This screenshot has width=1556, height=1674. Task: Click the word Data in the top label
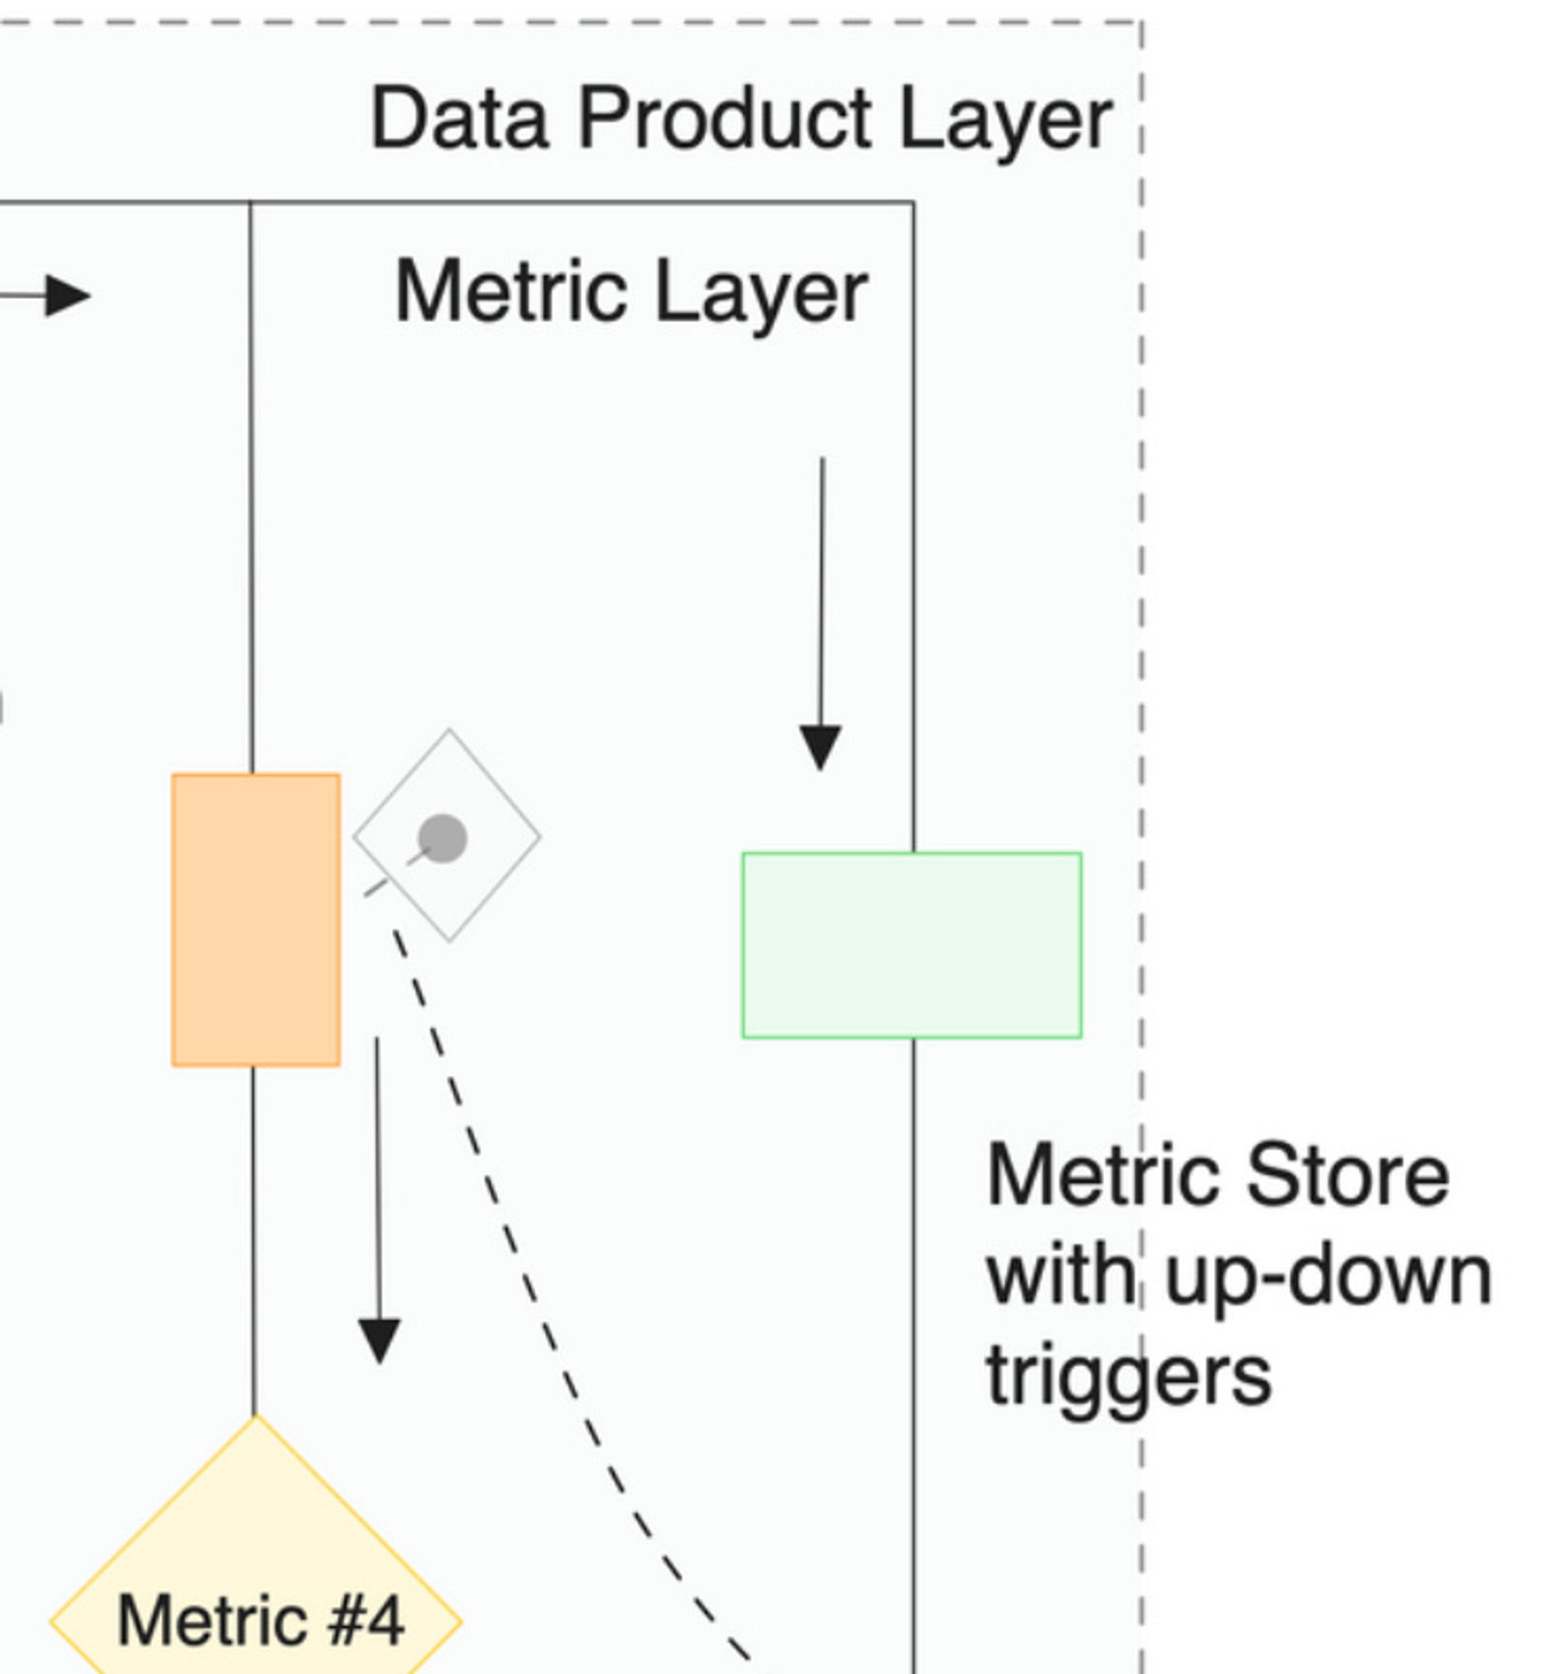(x=459, y=120)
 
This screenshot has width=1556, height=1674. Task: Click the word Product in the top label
(x=725, y=120)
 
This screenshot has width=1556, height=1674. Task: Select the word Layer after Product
(x=1006, y=123)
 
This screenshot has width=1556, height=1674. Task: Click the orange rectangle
(x=256, y=920)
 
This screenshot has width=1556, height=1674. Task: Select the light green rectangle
(x=912, y=945)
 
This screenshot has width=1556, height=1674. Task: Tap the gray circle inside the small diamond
(x=442, y=838)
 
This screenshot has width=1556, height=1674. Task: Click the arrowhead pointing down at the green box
(x=820, y=746)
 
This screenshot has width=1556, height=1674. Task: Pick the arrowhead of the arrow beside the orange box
(x=380, y=1339)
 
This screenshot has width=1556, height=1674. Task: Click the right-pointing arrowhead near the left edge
(x=68, y=296)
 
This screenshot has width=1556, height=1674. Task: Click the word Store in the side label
(x=1347, y=1177)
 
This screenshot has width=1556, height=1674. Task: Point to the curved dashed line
(x=522, y=1263)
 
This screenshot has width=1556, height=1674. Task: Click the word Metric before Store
(x=1103, y=1177)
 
